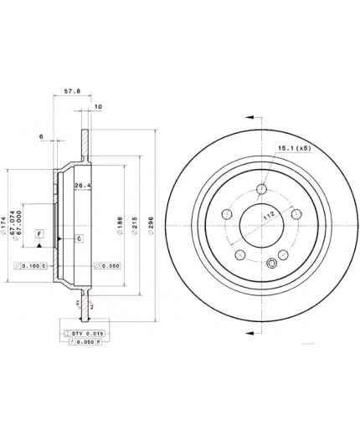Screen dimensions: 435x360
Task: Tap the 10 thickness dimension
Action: pos(98,107)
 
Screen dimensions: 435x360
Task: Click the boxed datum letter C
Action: pos(78,238)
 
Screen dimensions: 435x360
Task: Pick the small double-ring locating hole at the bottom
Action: pos(270,265)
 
